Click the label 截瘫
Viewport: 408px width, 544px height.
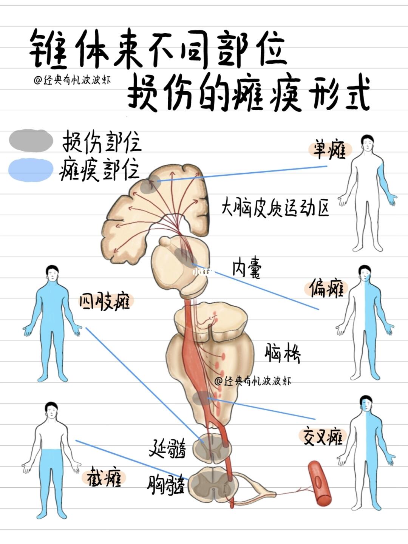(x=104, y=478)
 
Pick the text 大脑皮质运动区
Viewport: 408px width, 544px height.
(x=275, y=207)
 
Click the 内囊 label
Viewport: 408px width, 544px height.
(x=246, y=269)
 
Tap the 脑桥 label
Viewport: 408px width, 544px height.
(x=282, y=353)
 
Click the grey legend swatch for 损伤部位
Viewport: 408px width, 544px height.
(x=31, y=140)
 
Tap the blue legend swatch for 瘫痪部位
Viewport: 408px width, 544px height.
(x=31, y=170)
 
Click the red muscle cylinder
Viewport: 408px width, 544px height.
(x=319, y=484)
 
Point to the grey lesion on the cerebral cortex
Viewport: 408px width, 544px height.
(x=148, y=185)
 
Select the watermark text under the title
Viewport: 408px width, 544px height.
(x=72, y=80)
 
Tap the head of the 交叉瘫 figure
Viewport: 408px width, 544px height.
(x=366, y=405)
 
